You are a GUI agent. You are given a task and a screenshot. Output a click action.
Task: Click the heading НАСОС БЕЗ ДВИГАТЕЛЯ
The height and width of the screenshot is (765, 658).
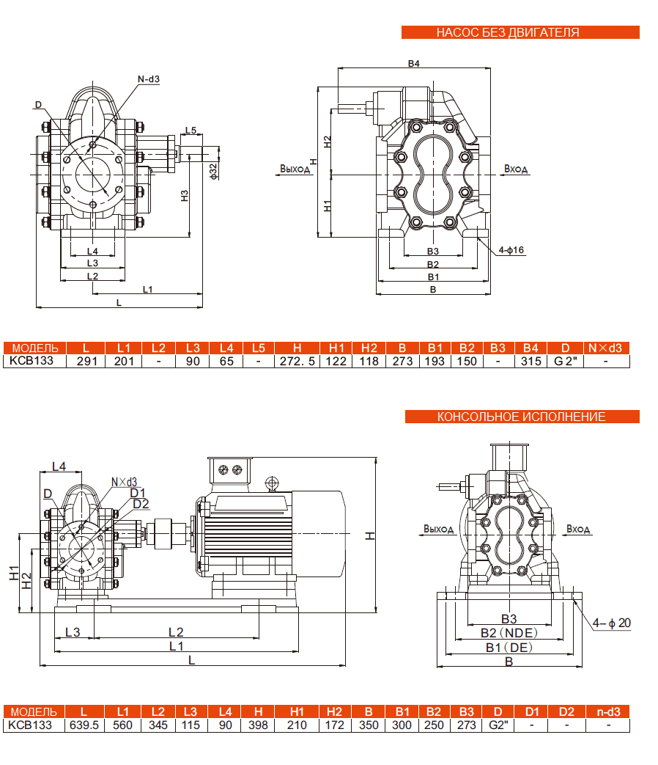point(520,32)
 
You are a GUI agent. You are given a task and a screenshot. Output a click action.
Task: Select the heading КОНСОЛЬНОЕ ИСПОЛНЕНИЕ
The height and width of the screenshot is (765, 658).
point(522,417)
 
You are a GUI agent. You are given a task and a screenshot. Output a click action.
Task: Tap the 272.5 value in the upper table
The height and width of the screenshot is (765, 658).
point(297,361)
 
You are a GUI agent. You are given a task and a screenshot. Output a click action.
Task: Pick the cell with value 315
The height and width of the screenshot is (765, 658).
point(531,361)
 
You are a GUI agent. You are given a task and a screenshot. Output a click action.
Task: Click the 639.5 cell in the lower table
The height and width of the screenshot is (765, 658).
point(84,725)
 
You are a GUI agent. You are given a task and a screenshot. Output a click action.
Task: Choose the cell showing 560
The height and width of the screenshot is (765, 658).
point(122,725)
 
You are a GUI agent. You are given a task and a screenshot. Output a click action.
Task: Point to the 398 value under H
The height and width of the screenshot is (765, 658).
point(258,725)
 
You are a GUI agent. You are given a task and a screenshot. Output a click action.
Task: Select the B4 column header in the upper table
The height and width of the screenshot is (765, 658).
point(531,348)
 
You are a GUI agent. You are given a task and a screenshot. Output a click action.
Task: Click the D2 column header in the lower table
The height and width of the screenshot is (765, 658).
point(566,712)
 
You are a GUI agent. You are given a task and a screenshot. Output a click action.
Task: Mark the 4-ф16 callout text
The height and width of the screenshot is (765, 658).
point(511,250)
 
